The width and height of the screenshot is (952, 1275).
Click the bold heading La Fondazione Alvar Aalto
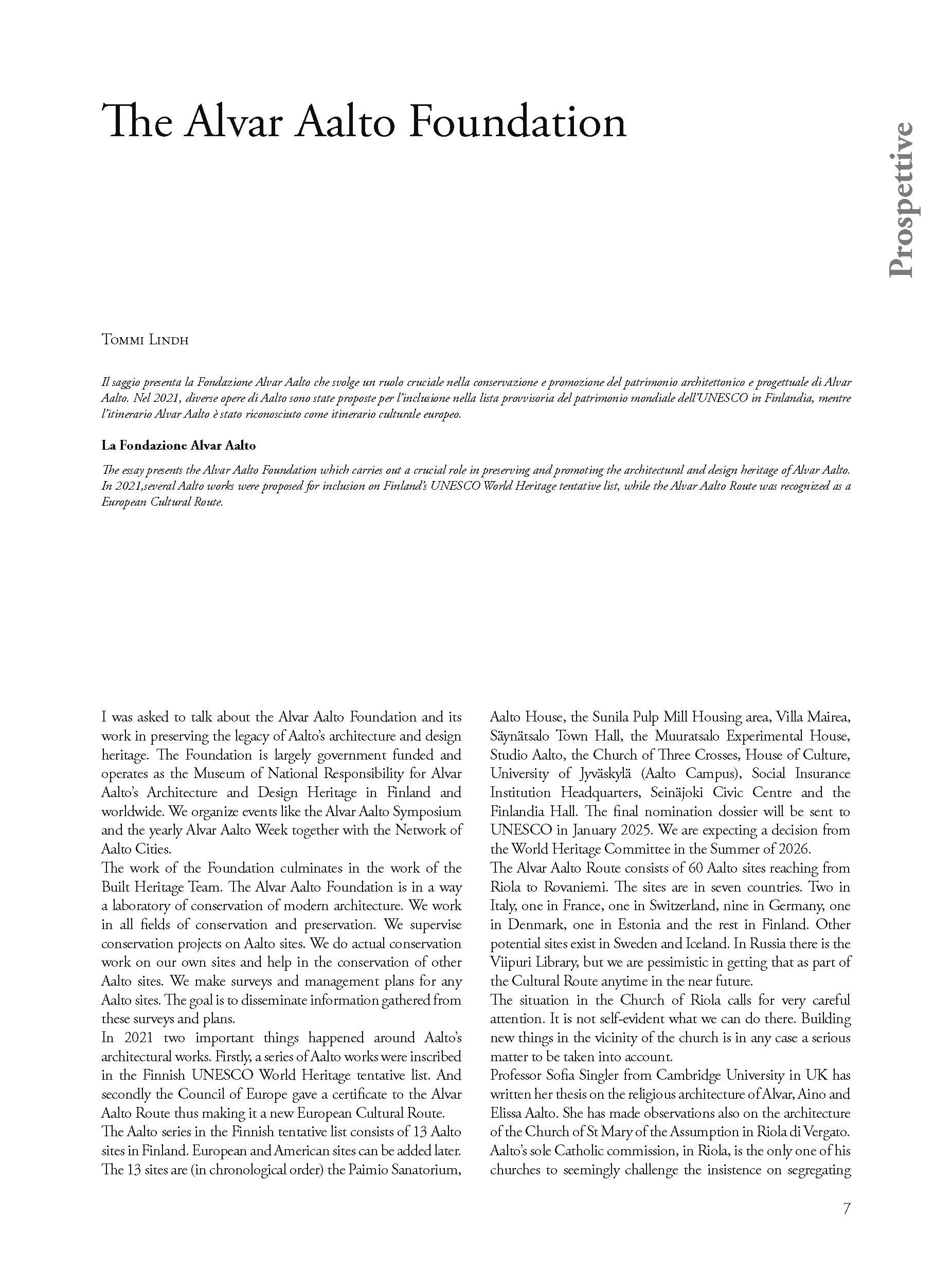(x=178, y=445)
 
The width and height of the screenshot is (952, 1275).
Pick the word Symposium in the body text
(x=427, y=811)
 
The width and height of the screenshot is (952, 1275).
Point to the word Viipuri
(x=511, y=962)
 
